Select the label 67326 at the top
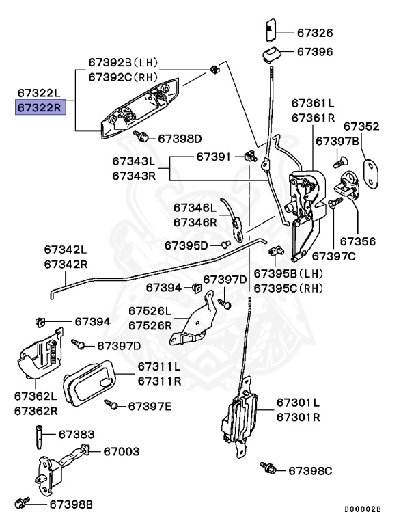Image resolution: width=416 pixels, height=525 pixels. [314, 32]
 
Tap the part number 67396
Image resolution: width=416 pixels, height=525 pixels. [314, 51]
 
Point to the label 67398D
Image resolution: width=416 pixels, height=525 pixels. [180, 138]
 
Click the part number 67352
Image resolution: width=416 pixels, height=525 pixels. [361, 126]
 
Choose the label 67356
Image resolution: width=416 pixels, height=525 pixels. [358, 241]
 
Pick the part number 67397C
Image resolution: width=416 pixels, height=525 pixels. [333, 256]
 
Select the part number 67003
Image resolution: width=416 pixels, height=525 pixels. [122, 451]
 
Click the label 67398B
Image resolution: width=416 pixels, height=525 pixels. [70, 504]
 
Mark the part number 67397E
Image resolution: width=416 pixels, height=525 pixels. [150, 407]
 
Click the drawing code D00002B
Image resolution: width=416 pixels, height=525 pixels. [363, 509]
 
